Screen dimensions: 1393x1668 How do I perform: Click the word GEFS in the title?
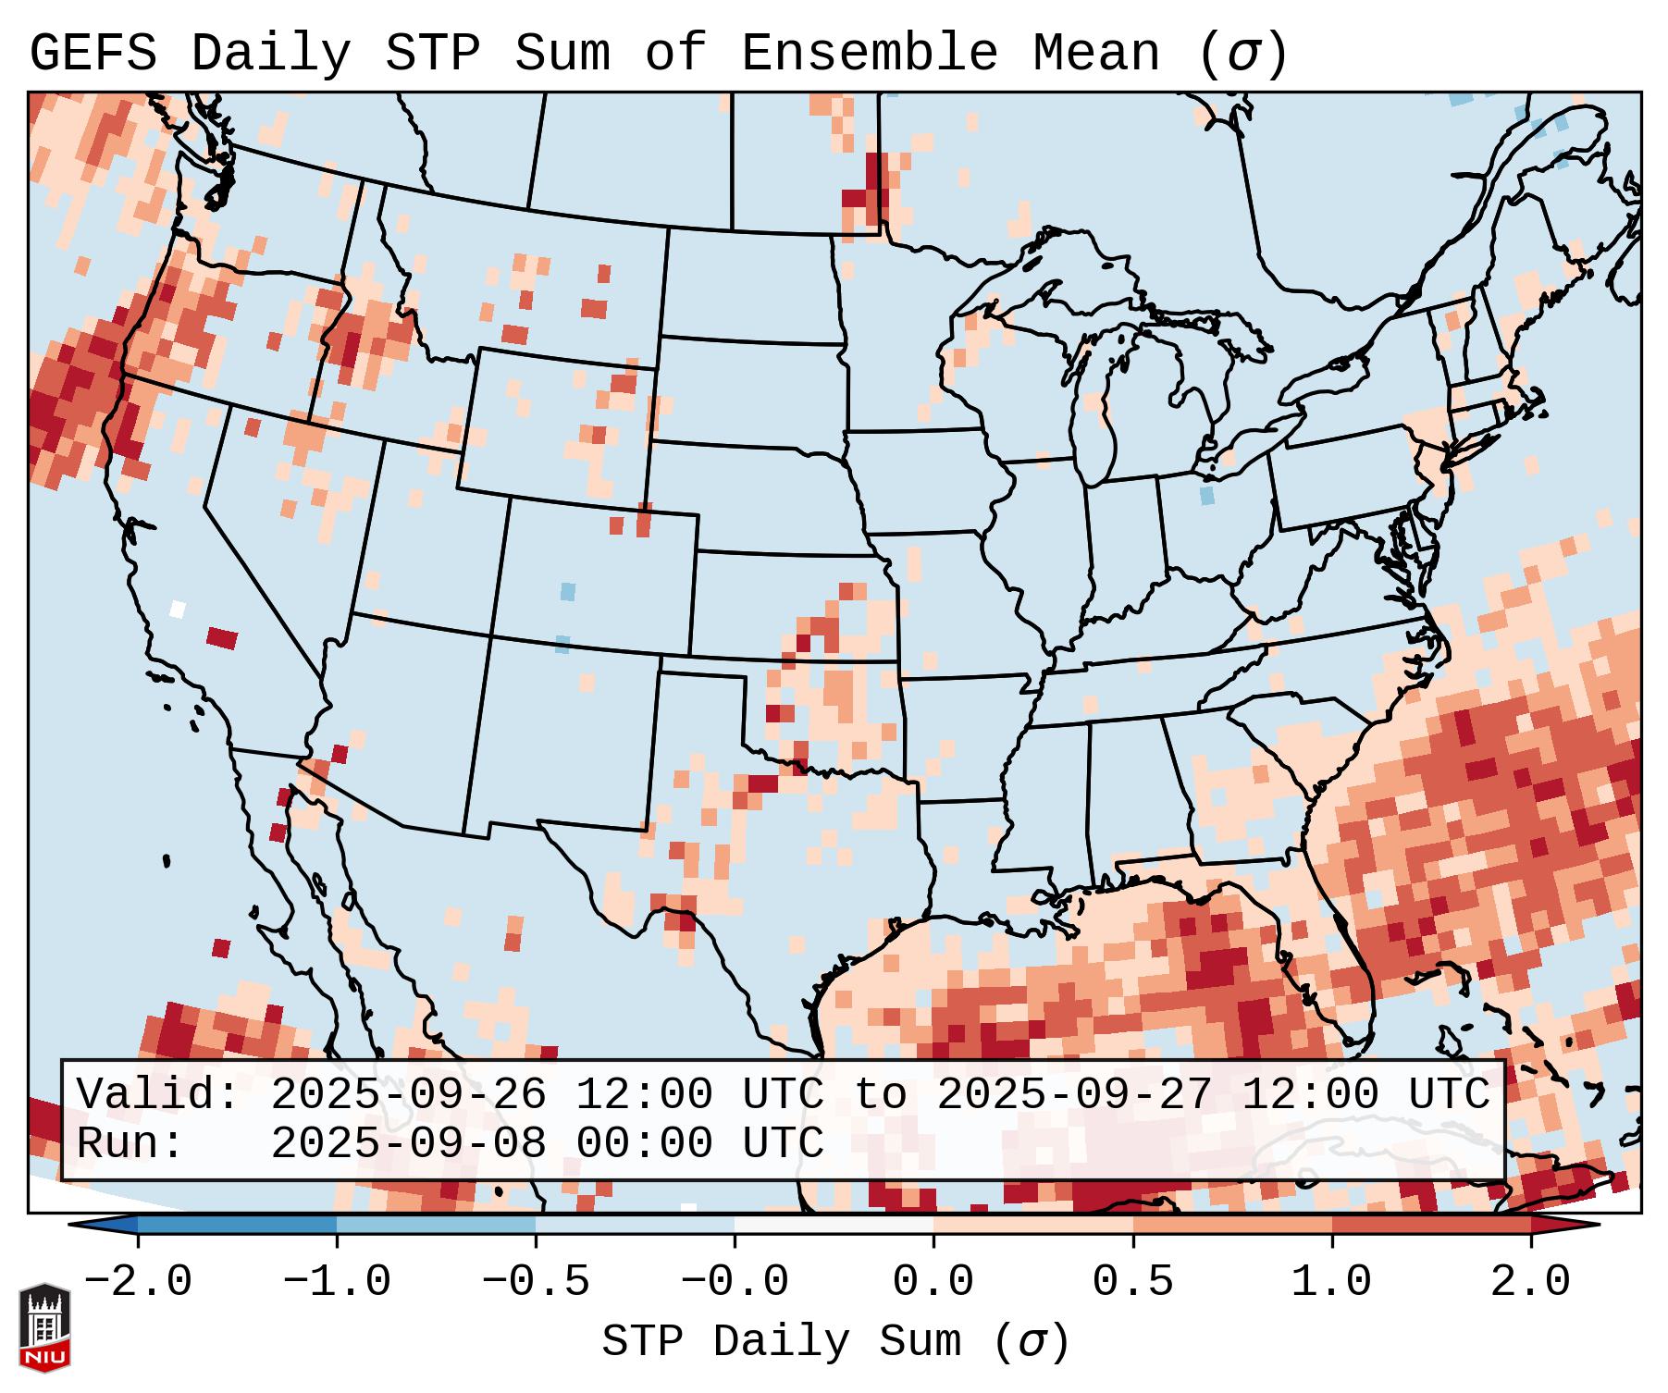click(93, 54)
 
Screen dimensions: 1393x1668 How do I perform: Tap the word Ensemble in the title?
click(870, 54)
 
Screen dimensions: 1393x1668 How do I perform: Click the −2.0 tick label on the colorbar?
click(138, 1282)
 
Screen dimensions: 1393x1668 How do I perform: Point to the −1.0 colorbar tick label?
click(337, 1282)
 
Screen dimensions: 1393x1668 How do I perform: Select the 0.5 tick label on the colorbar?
click(1132, 1282)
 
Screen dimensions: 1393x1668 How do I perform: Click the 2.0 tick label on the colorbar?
click(1530, 1282)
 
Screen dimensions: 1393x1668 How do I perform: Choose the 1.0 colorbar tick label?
click(1331, 1282)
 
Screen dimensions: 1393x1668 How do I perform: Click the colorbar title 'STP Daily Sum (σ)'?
click(835, 1342)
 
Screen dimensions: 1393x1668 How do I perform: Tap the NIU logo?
click(44, 1327)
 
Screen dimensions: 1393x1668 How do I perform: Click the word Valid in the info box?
click(157, 1095)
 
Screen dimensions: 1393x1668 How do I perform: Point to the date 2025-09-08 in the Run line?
click(409, 1143)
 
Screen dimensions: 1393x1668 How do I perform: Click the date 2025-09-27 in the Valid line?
click(1074, 1095)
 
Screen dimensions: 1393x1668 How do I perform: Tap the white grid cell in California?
click(178, 609)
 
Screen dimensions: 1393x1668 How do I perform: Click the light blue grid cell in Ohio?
click(1206, 496)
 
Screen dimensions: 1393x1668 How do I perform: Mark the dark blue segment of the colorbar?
click(237, 1225)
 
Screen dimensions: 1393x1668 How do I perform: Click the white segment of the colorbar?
click(834, 1225)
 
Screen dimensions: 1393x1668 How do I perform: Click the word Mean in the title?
click(1096, 54)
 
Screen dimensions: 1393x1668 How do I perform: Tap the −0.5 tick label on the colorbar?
click(536, 1282)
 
